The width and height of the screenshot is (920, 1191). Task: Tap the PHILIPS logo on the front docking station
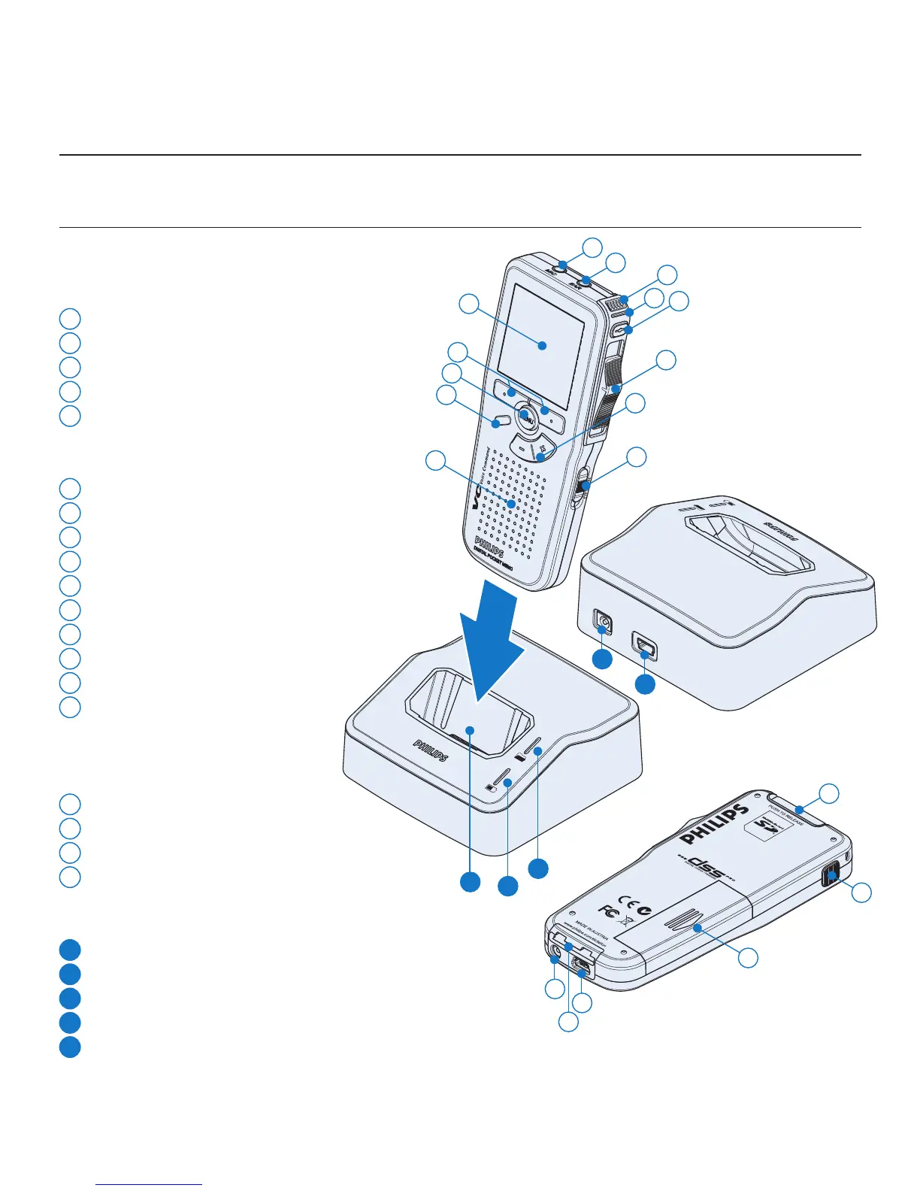pyautogui.click(x=431, y=750)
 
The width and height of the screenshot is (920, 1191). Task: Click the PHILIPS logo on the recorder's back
pyautogui.click(x=715, y=824)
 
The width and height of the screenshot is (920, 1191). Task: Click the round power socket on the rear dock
pyautogui.click(x=604, y=623)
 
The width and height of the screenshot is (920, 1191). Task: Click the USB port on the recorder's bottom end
pyautogui.click(x=580, y=965)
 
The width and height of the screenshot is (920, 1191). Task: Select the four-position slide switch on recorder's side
pyautogui.click(x=614, y=395)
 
